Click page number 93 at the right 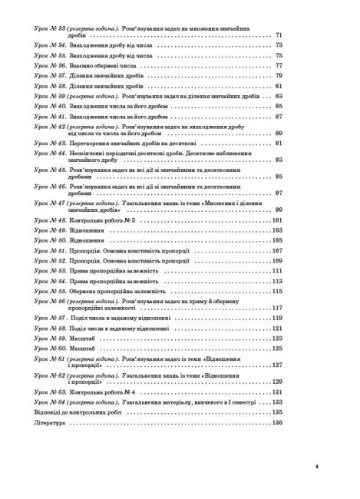[x=279, y=160]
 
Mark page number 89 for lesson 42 [x=279, y=133]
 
